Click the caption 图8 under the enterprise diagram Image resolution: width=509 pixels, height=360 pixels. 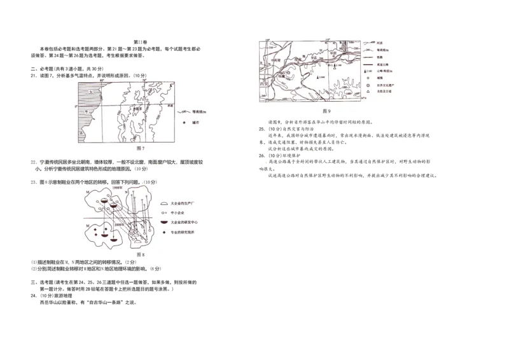[141, 254]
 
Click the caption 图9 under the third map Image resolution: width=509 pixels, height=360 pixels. [326, 111]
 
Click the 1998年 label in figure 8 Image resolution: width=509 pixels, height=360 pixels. [116, 188]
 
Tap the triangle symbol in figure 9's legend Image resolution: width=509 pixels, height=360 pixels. [366, 92]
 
